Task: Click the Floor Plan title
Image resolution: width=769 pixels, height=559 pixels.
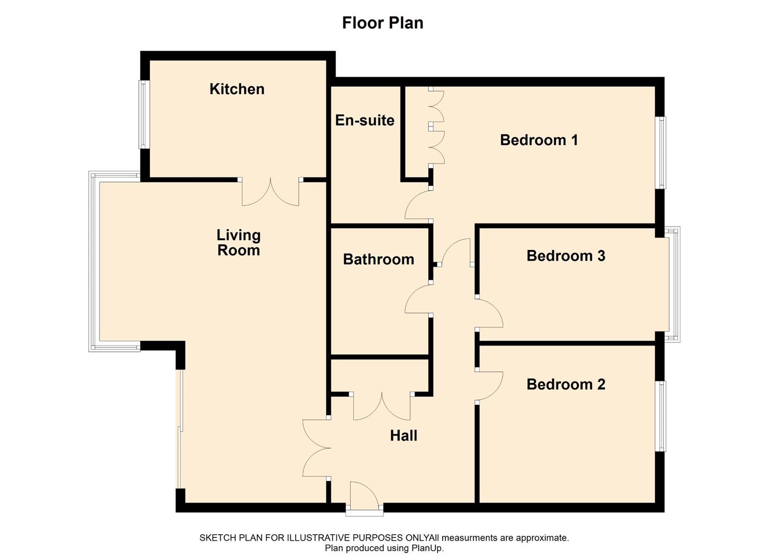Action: coord(383,23)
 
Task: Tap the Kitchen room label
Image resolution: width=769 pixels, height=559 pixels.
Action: coord(237,89)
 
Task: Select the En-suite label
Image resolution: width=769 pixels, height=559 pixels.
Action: coord(365,120)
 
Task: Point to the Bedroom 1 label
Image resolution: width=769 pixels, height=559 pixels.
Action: coord(539,140)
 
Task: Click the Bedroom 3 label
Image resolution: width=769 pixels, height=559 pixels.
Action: coord(565,256)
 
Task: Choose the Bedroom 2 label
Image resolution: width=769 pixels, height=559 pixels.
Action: coord(565,384)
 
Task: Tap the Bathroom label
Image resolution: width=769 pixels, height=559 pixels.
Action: coord(379,259)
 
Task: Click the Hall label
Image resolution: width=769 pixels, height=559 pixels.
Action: coord(403,436)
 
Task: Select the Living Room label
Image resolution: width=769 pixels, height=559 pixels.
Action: coord(238,243)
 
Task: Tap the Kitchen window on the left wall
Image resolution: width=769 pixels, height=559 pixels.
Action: coord(143,114)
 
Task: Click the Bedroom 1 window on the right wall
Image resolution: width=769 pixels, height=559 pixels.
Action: coord(661,152)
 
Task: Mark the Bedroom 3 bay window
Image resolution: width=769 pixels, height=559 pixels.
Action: coord(674,284)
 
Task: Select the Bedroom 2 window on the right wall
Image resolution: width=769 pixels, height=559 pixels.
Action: coord(661,416)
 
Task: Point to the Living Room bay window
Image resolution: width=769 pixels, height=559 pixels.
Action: coord(94,261)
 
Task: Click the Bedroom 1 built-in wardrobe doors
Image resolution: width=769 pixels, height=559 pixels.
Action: coord(436,127)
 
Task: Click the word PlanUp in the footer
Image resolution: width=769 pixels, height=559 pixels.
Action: coord(428,548)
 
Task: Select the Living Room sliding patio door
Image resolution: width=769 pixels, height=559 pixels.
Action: coord(179,429)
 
